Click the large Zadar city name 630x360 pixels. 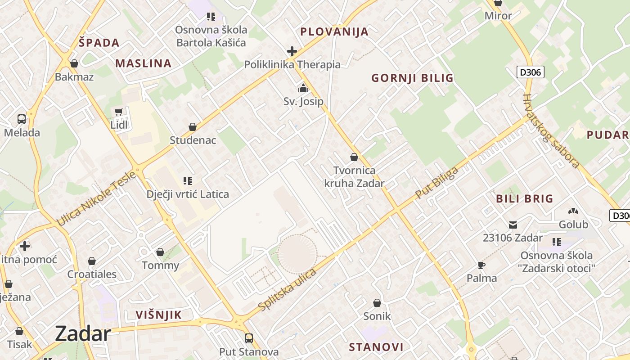pyautogui.click(x=83, y=334)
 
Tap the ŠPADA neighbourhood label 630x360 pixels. pyautogui.click(x=99, y=43)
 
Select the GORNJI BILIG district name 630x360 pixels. pyautogui.click(x=412, y=78)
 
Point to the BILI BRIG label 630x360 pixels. pyautogui.click(x=524, y=199)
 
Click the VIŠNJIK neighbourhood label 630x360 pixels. pyautogui.click(x=159, y=315)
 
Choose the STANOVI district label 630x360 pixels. pyautogui.click(x=376, y=347)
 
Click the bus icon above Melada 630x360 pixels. pyautogui.click(x=22, y=119)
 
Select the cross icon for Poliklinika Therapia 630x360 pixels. pyautogui.click(x=292, y=51)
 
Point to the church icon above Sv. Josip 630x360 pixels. pyautogui.click(x=303, y=88)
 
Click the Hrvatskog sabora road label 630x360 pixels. pyautogui.click(x=551, y=131)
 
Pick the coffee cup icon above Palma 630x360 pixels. pyautogui.click(x=481, y=265)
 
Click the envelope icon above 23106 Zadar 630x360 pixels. pyautogui.click(x=513, y=225)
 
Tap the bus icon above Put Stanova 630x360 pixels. pyautogui.click(x=249, y=338)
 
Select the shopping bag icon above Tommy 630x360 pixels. pyautogui.click(x=160, y=252)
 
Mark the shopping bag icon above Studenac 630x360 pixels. pyautogui.click(x=193, y=127)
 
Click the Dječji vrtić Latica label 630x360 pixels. pyautogui.click(x=188, y=194)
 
